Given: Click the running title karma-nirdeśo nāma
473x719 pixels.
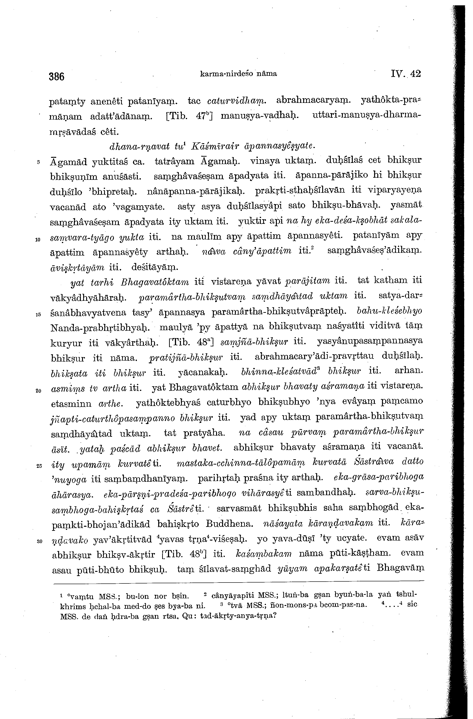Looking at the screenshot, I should (238, 73).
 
